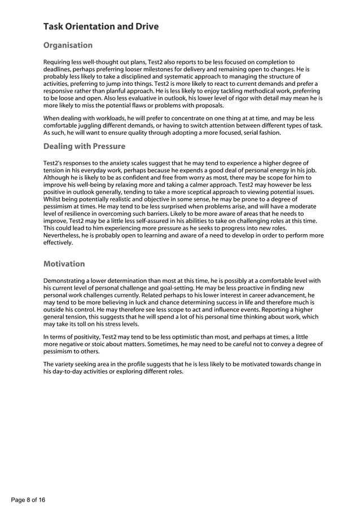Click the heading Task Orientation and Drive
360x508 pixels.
coord(101,27)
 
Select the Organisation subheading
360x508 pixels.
coord(68,45)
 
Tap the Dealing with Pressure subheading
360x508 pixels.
coord(84,146)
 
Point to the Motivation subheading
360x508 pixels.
coord(64,264)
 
